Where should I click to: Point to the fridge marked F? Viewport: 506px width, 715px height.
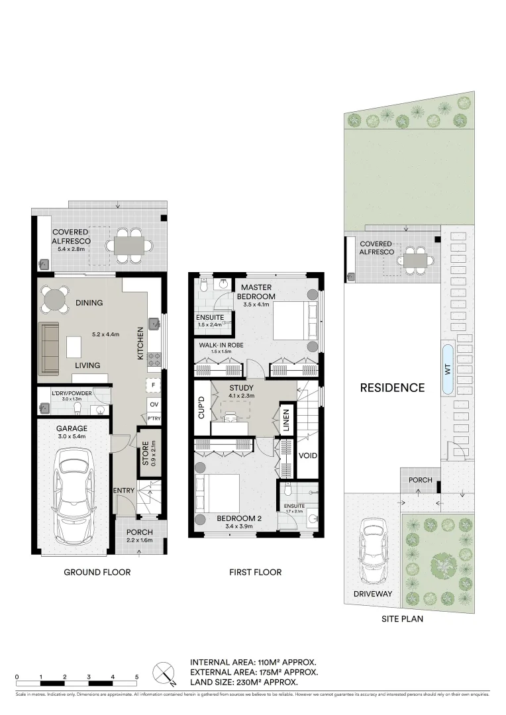click(154, 385)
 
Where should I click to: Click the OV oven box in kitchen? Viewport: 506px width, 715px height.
click(154, 404)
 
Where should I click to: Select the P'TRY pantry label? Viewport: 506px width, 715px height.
click(154, 418)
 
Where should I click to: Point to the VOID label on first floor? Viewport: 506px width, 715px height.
click(307, 456)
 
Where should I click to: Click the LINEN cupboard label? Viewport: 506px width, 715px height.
click(286, 420)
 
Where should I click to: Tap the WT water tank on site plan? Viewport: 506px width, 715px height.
click(448, 369)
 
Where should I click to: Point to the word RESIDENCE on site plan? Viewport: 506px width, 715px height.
click(391, 388)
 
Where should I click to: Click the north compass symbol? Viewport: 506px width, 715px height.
click(164, 674)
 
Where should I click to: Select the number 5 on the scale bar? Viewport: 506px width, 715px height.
click(136, 677)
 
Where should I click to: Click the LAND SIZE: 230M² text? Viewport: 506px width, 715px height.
click(243, 682)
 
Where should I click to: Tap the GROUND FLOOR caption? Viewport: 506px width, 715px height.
click(97, 573)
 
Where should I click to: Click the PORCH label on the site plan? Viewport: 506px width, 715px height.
click(420, 480)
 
